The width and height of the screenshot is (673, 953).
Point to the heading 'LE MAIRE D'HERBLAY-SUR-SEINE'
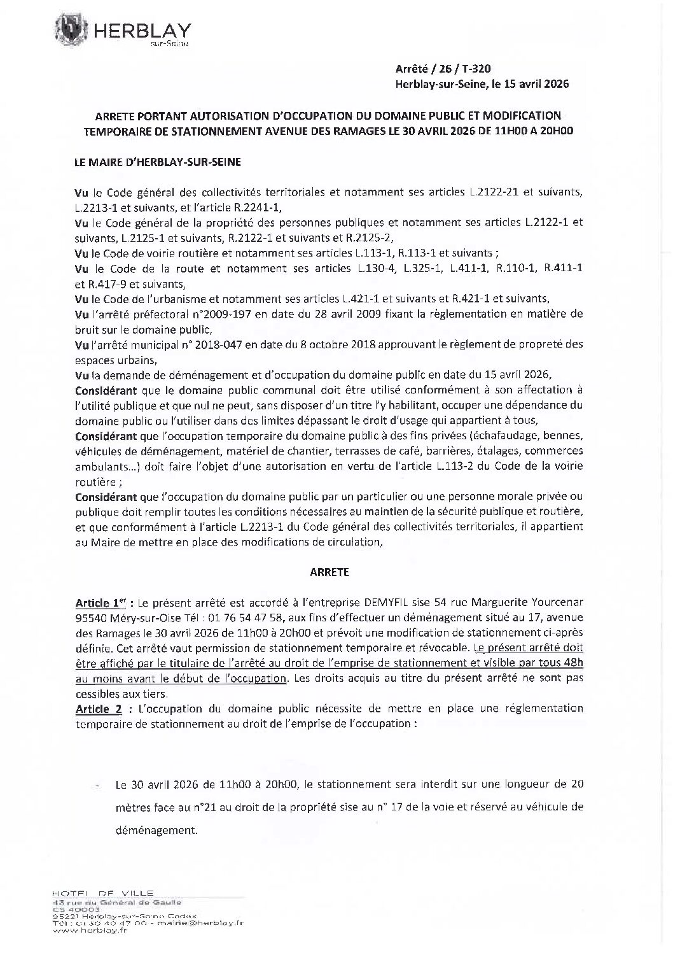click(x=149, y=163)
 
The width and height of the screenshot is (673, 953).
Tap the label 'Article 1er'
click(x=96, y=602)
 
